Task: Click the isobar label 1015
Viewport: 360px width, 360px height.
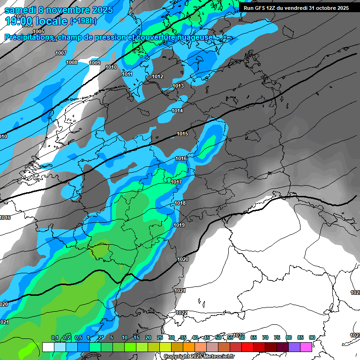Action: pyautogui.click(x=182, y=134)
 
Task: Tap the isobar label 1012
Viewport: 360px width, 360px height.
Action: pyautogui.click(x=157, y=76)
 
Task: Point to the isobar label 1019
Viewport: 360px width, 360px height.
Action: pyautogui.click(x=179, y=225)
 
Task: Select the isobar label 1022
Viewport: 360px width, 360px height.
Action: pyautogui.click(x=182, y=313)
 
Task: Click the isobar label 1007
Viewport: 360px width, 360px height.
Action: pyautogui.click(x=61, y=53)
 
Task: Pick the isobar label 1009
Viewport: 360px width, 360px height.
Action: pyautogui.click(x=95, y=63)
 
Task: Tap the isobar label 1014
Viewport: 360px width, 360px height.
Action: pyautogui.click(x=177, y=111)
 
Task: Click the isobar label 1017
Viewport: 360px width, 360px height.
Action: pyautogui.click(x=176, y=182)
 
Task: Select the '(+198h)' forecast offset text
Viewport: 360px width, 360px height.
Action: pyautogui.click(x=83, y=21)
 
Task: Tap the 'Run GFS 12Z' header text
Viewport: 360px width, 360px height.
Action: pyautogui.click(x=263, y=8)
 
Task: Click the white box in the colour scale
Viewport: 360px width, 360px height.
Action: pyautogui.click(x=48, y=347)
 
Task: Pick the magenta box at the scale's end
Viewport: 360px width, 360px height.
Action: pyautogui.click(x=306, y=347)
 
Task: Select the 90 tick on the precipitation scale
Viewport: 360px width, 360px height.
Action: pyautogui.click(x=312, y=337)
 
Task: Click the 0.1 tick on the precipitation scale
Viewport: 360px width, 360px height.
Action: pyautogui.click(x=55, y=337)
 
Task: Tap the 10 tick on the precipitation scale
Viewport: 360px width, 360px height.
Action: pyautogui.click(x=125, y=337)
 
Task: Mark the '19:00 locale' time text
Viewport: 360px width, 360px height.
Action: pyautogui.click(x=37, y=21)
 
